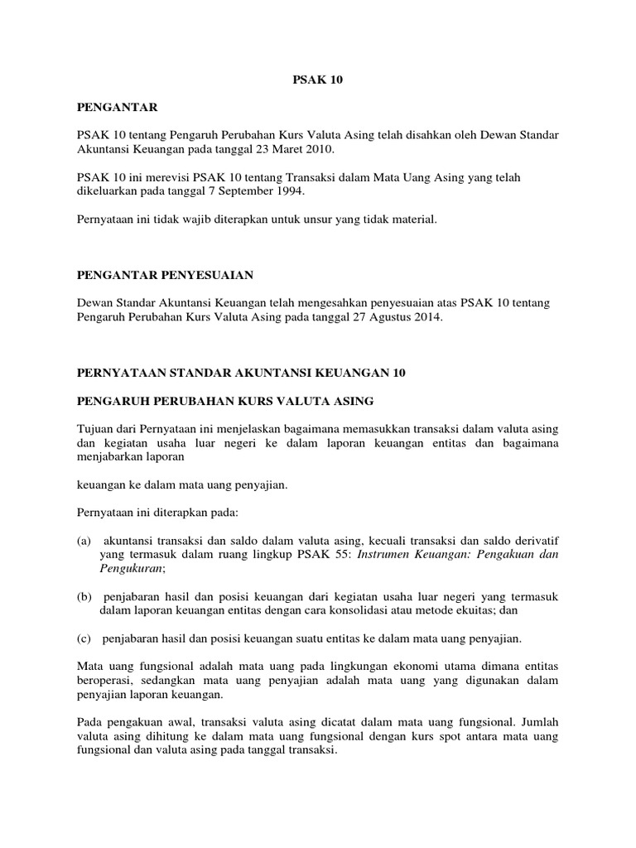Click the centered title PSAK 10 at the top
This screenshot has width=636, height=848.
318,80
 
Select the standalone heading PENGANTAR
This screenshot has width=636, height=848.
116,107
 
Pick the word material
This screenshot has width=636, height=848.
413,219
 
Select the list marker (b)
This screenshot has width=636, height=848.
83,595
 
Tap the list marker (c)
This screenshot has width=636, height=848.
83,638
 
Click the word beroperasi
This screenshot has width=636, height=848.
104,680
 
